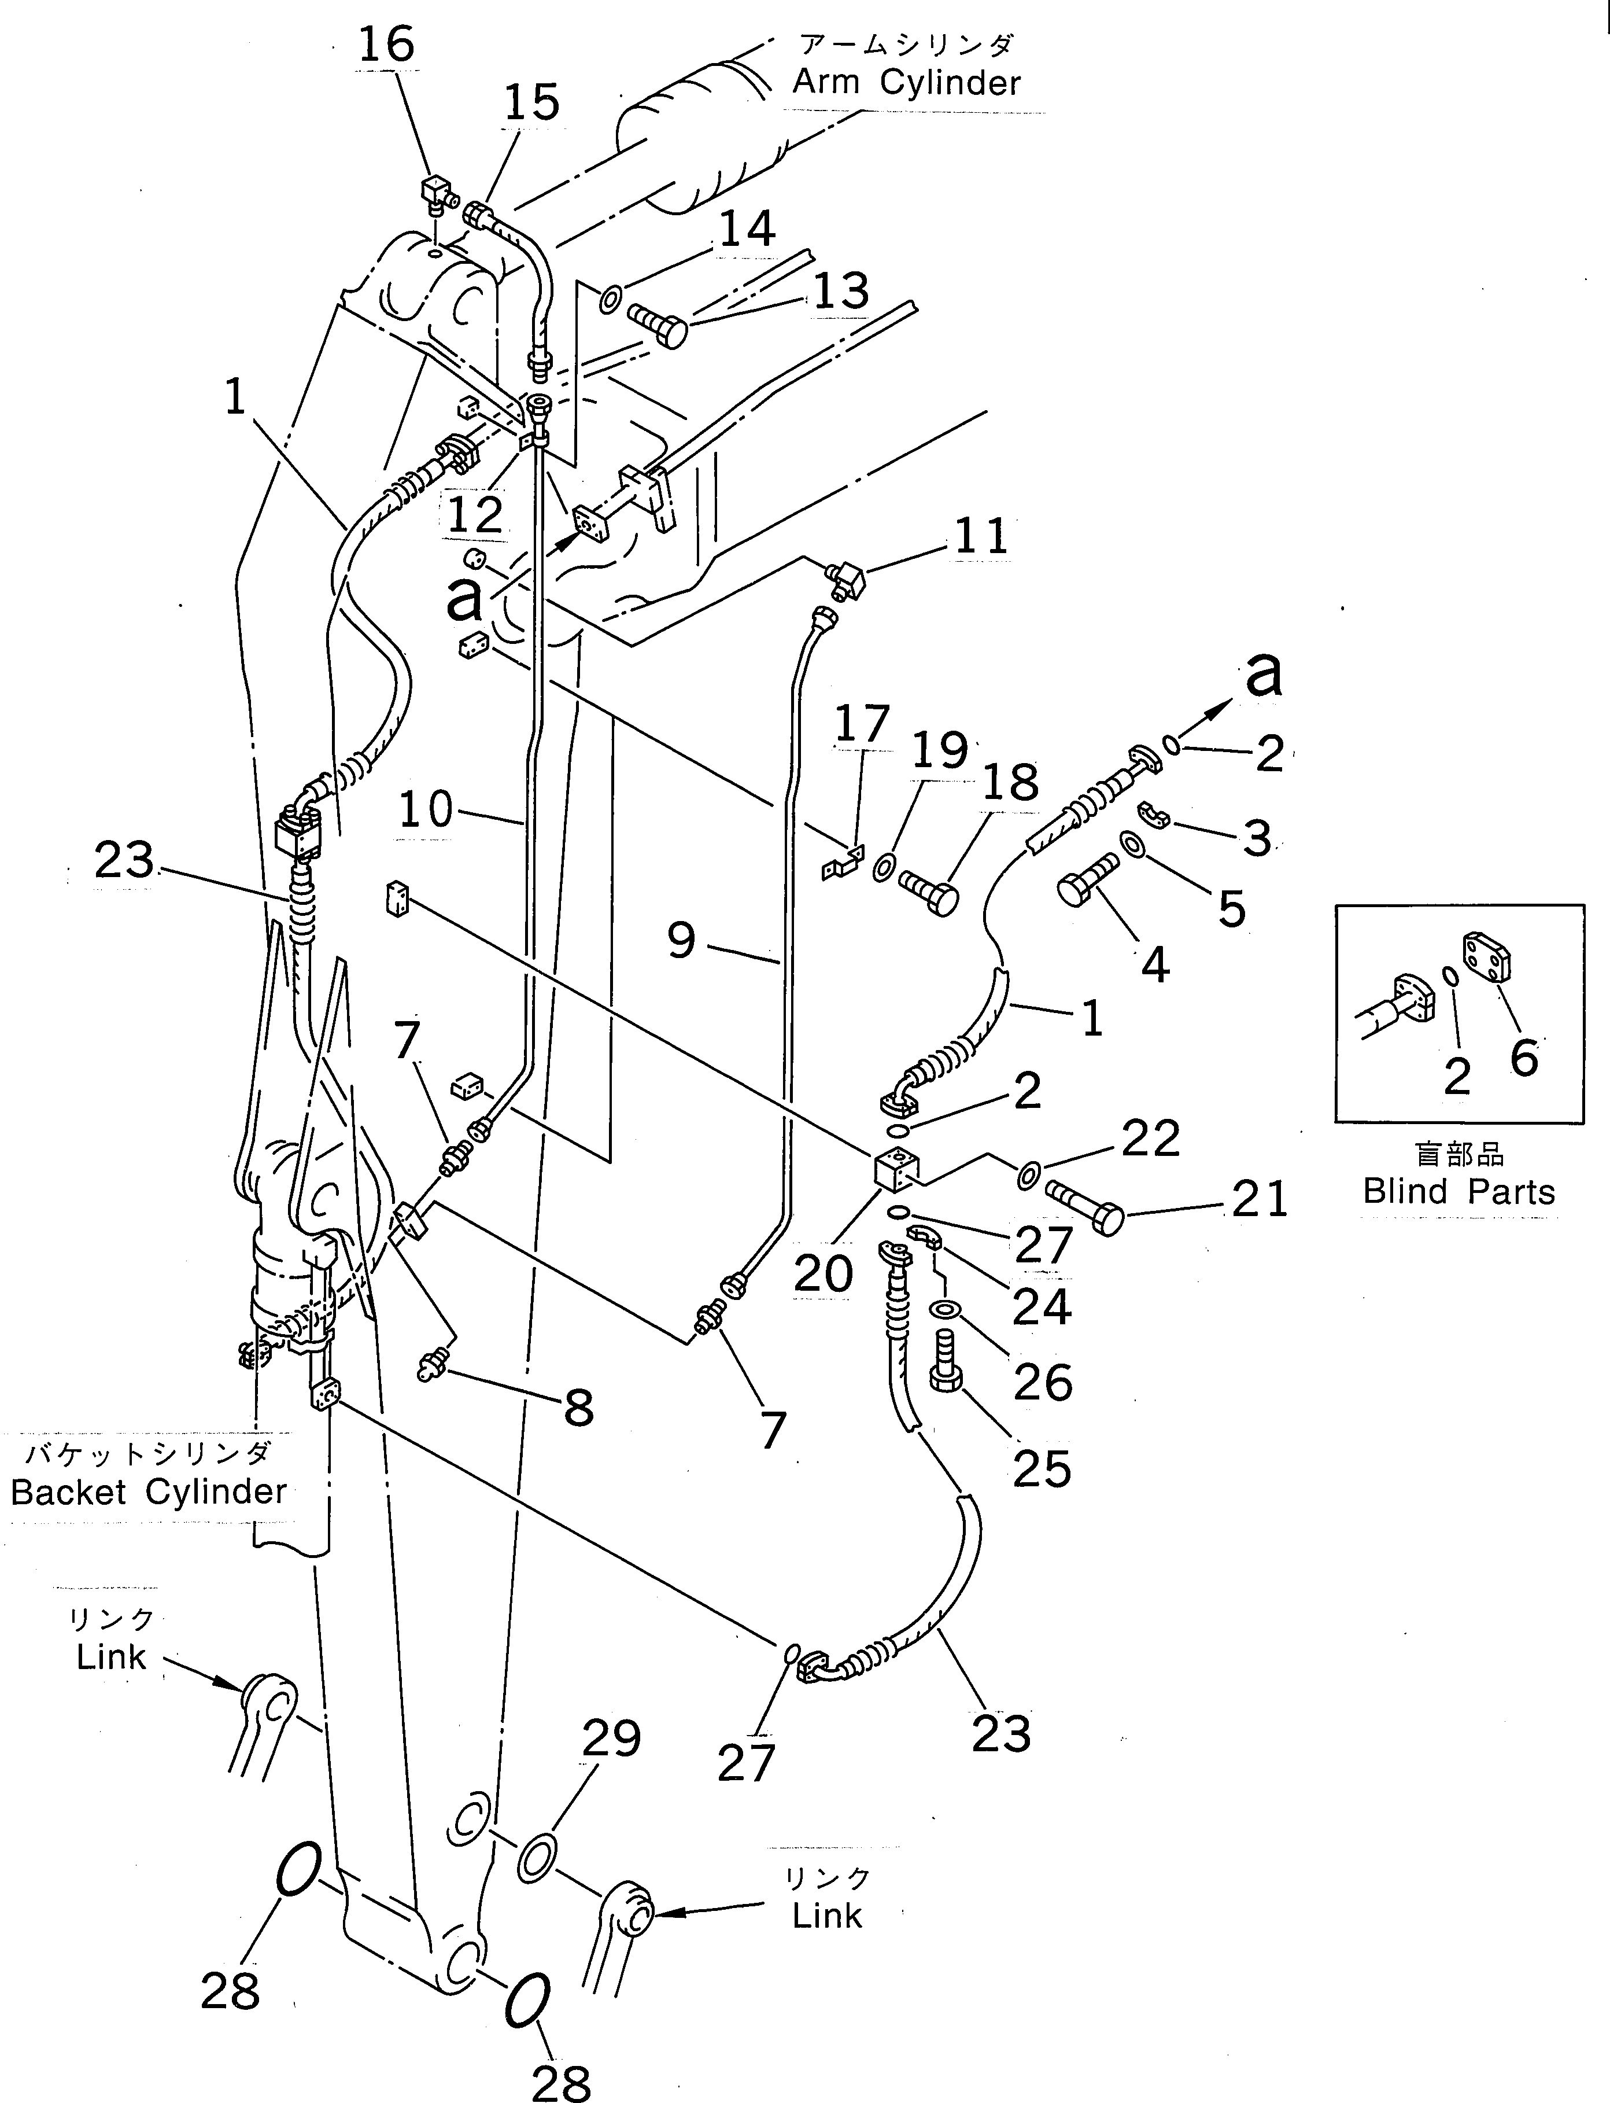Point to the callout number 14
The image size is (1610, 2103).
click(x=747, y=230)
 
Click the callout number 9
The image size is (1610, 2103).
click(x=681, y=940)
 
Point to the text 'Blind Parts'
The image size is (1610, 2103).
click(x=1458, y=1191)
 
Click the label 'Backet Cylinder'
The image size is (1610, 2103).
click(x=149, y=1491)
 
